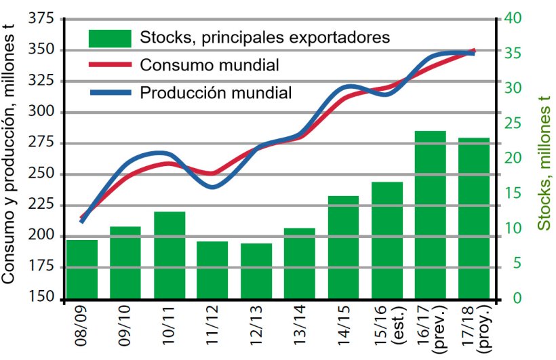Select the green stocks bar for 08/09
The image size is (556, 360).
pyautogui.click(x=82, y=269)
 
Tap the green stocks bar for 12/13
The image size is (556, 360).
pyautogui.click(x=256, y=271)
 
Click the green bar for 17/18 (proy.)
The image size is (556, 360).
pyautogui.click(x=474, y=218)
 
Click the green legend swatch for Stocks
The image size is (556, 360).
pyautogui.click(x=109, y=38)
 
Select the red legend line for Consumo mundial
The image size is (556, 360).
pyautogui.click(x=109, y=65)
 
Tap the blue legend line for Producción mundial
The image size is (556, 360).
pyautogui.click(x=109, y=92)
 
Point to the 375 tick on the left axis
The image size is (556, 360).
pyautogui.click(x=42, y=19)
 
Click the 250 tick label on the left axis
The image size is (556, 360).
pyautogui.click(x=42, y=174)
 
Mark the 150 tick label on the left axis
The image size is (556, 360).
pyautogui.click(x=42, y=299)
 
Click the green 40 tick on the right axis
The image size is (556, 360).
pyautogui.click(x=512, y=18)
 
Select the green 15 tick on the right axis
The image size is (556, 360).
pyautogui.click(x=512, y=194)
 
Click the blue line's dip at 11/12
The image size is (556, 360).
pyautogui.click(x=213, y=186)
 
